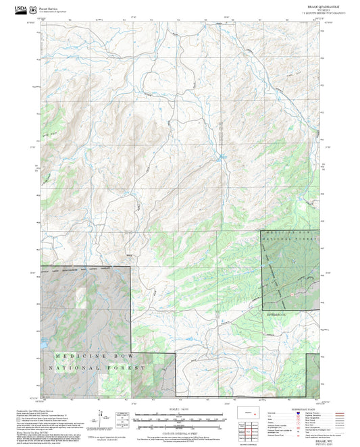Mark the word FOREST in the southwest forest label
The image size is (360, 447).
[128, 368]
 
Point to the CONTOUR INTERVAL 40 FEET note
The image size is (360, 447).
[180, 431]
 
